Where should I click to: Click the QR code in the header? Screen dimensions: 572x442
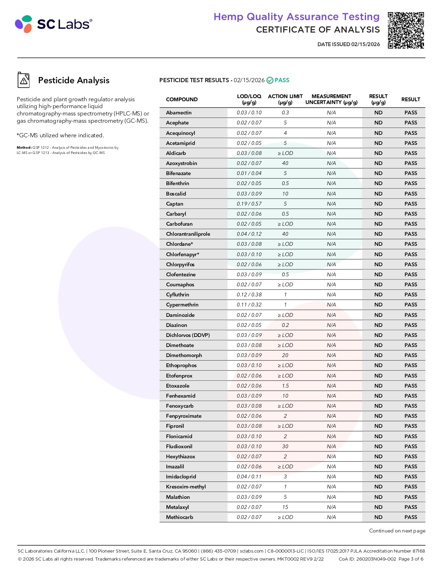[x=406, y=30]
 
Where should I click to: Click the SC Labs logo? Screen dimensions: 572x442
[x=53, y=24]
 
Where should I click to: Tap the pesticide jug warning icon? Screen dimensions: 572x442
[x=24, y=80]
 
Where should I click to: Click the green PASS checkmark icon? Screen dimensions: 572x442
[x=270, y=80]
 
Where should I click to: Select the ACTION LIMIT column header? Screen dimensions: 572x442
[x=285, y=99]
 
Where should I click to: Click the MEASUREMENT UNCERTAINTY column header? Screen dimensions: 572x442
[x=331, y=99]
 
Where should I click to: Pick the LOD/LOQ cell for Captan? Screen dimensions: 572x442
[x=249, y=204]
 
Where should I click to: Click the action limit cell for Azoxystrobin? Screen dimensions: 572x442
[x=285, y=163]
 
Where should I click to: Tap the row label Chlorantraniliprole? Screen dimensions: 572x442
[x=188, y=234]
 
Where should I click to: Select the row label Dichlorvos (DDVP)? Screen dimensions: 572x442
[x=188, y=335]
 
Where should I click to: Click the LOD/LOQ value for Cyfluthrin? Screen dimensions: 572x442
[x=249, y=295]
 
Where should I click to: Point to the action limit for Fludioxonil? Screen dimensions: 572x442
[x=285, y=447]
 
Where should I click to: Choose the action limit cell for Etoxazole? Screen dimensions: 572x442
[x=285, y=386]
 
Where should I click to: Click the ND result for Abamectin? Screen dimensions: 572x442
[x=378, y=113]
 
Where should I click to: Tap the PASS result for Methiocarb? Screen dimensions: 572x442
[x=410, y=517]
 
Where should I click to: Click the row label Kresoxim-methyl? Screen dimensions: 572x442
[x=186, y=487]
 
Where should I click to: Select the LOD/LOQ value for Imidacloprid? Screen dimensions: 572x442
[x=249, y=477]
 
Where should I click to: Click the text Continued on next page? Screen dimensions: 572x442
[x=397, y=531]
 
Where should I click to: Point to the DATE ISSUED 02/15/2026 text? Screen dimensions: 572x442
[x=348, y=44]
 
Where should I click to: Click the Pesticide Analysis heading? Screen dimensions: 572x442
[x=73, y=80]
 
